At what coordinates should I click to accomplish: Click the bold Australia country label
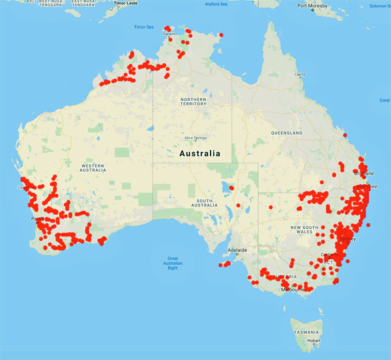pyautogui.click(x=199, y=154)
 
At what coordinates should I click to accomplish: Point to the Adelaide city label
pyautogui.click(x=236, y=250)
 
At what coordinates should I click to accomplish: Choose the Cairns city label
pyautogui.click(x=300, y=74)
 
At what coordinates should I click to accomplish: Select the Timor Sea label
pyautogui.click(x=143, y=27)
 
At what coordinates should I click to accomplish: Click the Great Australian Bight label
pyautogui.click(x=173, y=262)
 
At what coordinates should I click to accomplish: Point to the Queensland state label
pyautogui.click(x=287, y=133)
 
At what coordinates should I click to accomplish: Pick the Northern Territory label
pyautogui.click(x=193, y=100)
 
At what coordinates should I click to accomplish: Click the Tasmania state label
pyautogui.click(x=306, y=331)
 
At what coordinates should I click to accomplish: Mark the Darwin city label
pyautogui.click(x=169, y=34)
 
